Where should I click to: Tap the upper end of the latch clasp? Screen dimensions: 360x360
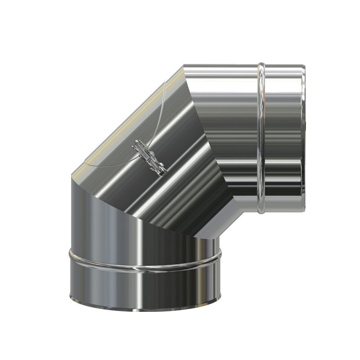tap(137, 144)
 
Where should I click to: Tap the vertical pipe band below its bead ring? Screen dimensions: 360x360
tap(144, 288)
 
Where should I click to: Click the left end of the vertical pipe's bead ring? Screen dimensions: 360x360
tap(70, 255)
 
